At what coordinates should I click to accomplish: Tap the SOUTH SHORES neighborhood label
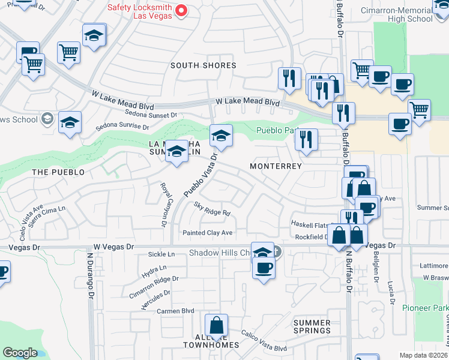203,65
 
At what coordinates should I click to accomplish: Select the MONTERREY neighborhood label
275,166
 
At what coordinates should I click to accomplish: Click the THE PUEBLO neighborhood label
58,172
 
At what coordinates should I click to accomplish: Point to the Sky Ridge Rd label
212,212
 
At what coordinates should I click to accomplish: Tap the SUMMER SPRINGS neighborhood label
312,326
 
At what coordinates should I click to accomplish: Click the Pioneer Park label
426,308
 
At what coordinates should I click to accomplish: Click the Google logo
20,353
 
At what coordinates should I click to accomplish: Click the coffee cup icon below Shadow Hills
264,267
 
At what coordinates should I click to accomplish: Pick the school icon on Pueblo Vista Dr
221,136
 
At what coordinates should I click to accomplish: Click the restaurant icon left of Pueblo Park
306,140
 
